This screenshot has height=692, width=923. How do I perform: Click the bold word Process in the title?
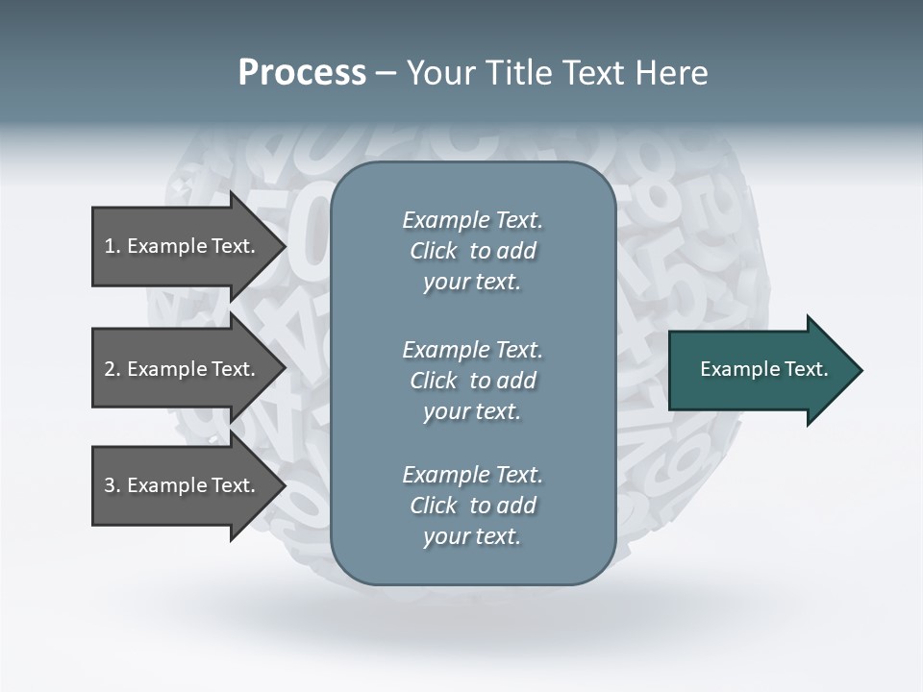click(x=302, y=73)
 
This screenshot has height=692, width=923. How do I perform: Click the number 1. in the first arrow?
click(x=112, y=246)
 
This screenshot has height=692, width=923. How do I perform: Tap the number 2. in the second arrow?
click(x=112, y=369)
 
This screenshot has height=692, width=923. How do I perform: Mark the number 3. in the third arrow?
click(x=112, y=485)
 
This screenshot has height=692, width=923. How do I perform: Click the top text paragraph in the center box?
click(x=472, y=251)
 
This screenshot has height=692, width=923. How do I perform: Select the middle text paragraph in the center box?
click(x=472, y=381)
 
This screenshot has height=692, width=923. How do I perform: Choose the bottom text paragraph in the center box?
click(x=472, y=506)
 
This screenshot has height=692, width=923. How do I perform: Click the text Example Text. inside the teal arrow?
click(x=764, y=369)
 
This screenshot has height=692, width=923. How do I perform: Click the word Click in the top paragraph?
click(x=433, y=251)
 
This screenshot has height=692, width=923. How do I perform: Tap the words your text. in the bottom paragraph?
click(x=472, y=536)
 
